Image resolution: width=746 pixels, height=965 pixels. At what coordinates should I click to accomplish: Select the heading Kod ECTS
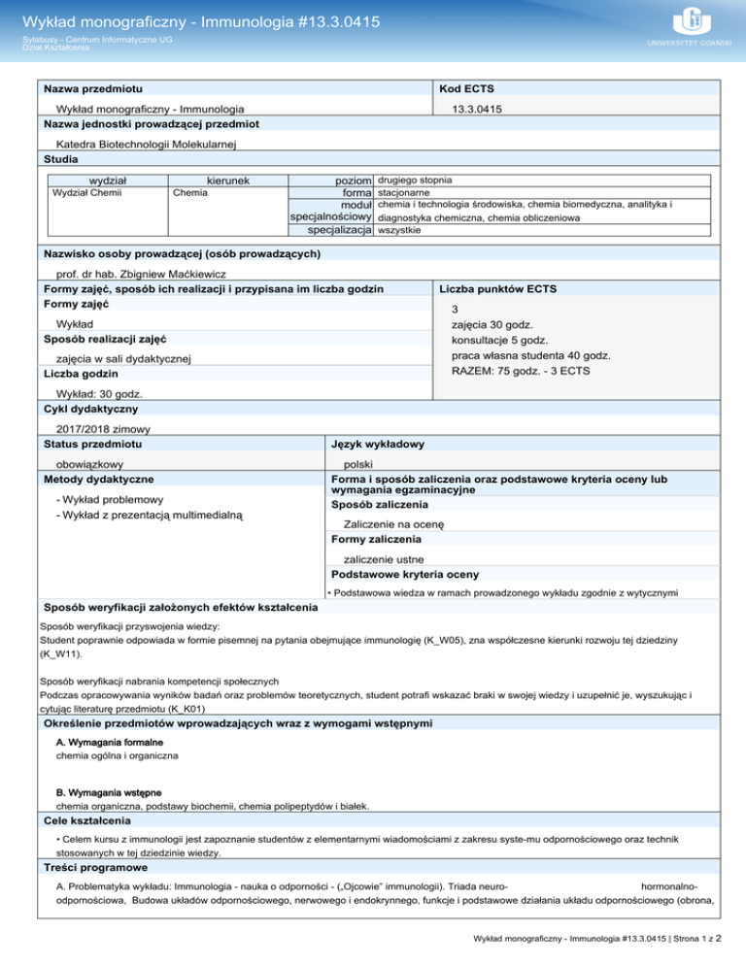click(470, 89)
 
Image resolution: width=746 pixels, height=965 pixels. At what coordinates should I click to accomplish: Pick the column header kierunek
click(228, 180)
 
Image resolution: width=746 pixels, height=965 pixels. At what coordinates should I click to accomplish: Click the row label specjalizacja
click(340, 230)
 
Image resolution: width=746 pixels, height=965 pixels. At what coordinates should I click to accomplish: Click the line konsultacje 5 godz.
click(498, 341)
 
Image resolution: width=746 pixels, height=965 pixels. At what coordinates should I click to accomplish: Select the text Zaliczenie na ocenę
click(393, 524)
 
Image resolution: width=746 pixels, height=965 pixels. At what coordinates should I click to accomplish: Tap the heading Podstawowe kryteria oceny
click(405, 573)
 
